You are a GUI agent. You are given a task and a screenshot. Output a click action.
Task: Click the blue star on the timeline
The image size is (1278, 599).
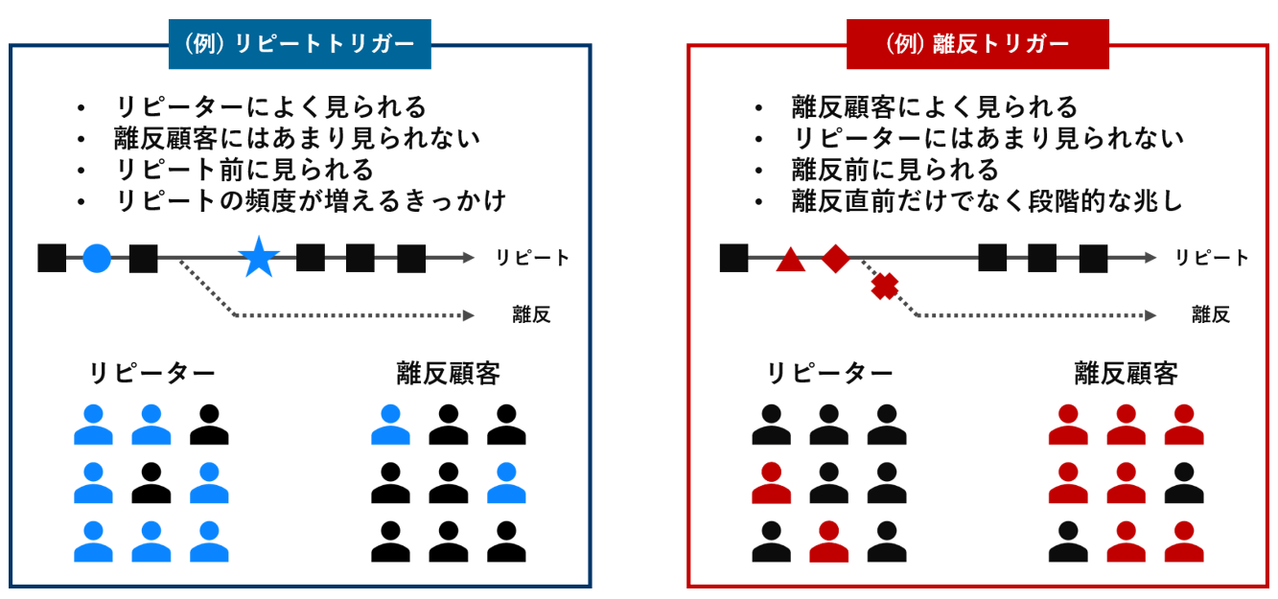(259, 257)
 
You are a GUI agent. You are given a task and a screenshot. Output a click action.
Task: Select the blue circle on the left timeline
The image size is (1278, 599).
(97, 258)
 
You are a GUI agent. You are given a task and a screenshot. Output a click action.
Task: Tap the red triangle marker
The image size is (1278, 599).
(791, 260)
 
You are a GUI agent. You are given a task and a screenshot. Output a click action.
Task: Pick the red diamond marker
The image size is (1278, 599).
(836, 259)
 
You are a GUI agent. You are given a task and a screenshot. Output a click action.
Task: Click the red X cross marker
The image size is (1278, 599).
(885, 287)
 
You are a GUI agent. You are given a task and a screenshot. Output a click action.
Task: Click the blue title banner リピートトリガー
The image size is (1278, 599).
(299, 44)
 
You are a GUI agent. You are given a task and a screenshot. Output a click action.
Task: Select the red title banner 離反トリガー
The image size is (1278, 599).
(977, 44)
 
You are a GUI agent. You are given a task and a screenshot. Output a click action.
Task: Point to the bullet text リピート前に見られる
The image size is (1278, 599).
(244, 170)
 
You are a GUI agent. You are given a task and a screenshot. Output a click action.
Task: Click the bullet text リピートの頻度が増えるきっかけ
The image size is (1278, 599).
(311, 201)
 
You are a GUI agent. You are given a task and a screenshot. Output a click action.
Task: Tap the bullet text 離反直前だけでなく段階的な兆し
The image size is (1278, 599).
(988, 201)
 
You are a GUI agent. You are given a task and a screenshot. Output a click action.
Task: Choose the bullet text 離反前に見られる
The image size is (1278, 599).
(895, 170)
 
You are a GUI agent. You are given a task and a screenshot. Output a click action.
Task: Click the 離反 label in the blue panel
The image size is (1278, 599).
(531, 314)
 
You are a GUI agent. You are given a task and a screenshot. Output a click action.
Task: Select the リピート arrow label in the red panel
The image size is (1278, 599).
(1212, 258)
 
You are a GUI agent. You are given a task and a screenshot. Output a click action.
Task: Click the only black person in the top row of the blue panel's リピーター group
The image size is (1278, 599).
(209, 425)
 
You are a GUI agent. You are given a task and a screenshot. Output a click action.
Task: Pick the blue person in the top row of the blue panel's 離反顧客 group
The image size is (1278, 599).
(391, 425)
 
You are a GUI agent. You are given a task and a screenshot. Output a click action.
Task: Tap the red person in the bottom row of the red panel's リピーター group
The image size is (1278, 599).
(829, 541)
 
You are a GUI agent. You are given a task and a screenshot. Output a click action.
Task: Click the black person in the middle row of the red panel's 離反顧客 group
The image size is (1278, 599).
(1184, 483)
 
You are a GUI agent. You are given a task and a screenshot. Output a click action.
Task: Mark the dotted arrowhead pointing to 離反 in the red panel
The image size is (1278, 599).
(1150, 315)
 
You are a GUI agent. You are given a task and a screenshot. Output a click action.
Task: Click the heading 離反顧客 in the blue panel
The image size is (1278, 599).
(449, 374)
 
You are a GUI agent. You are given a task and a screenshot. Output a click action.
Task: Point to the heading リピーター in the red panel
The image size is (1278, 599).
(829, 374)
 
